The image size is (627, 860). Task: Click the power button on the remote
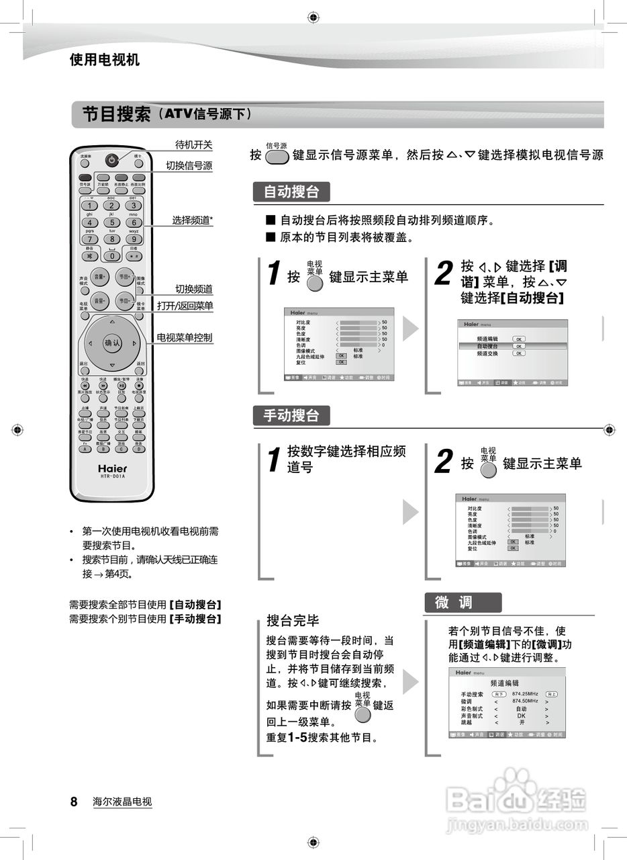(111, 160)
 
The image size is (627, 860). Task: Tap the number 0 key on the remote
(111, 255)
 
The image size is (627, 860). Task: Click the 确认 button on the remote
(111, 343)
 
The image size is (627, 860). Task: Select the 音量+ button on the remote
(99, 277)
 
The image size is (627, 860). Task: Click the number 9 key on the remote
(134, 239)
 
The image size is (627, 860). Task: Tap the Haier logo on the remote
(112, 468)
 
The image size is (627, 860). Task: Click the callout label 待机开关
(193, 144)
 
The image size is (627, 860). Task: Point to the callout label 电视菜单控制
(185, 337)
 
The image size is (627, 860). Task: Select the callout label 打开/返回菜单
(185, 306)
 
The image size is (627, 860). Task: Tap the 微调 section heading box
(462, 603)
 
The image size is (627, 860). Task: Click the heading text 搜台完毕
(293, 619)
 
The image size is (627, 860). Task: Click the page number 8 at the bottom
(74, 802)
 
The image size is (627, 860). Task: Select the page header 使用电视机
(104, 60)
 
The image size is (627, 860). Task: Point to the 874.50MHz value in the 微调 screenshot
(525, 700)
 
